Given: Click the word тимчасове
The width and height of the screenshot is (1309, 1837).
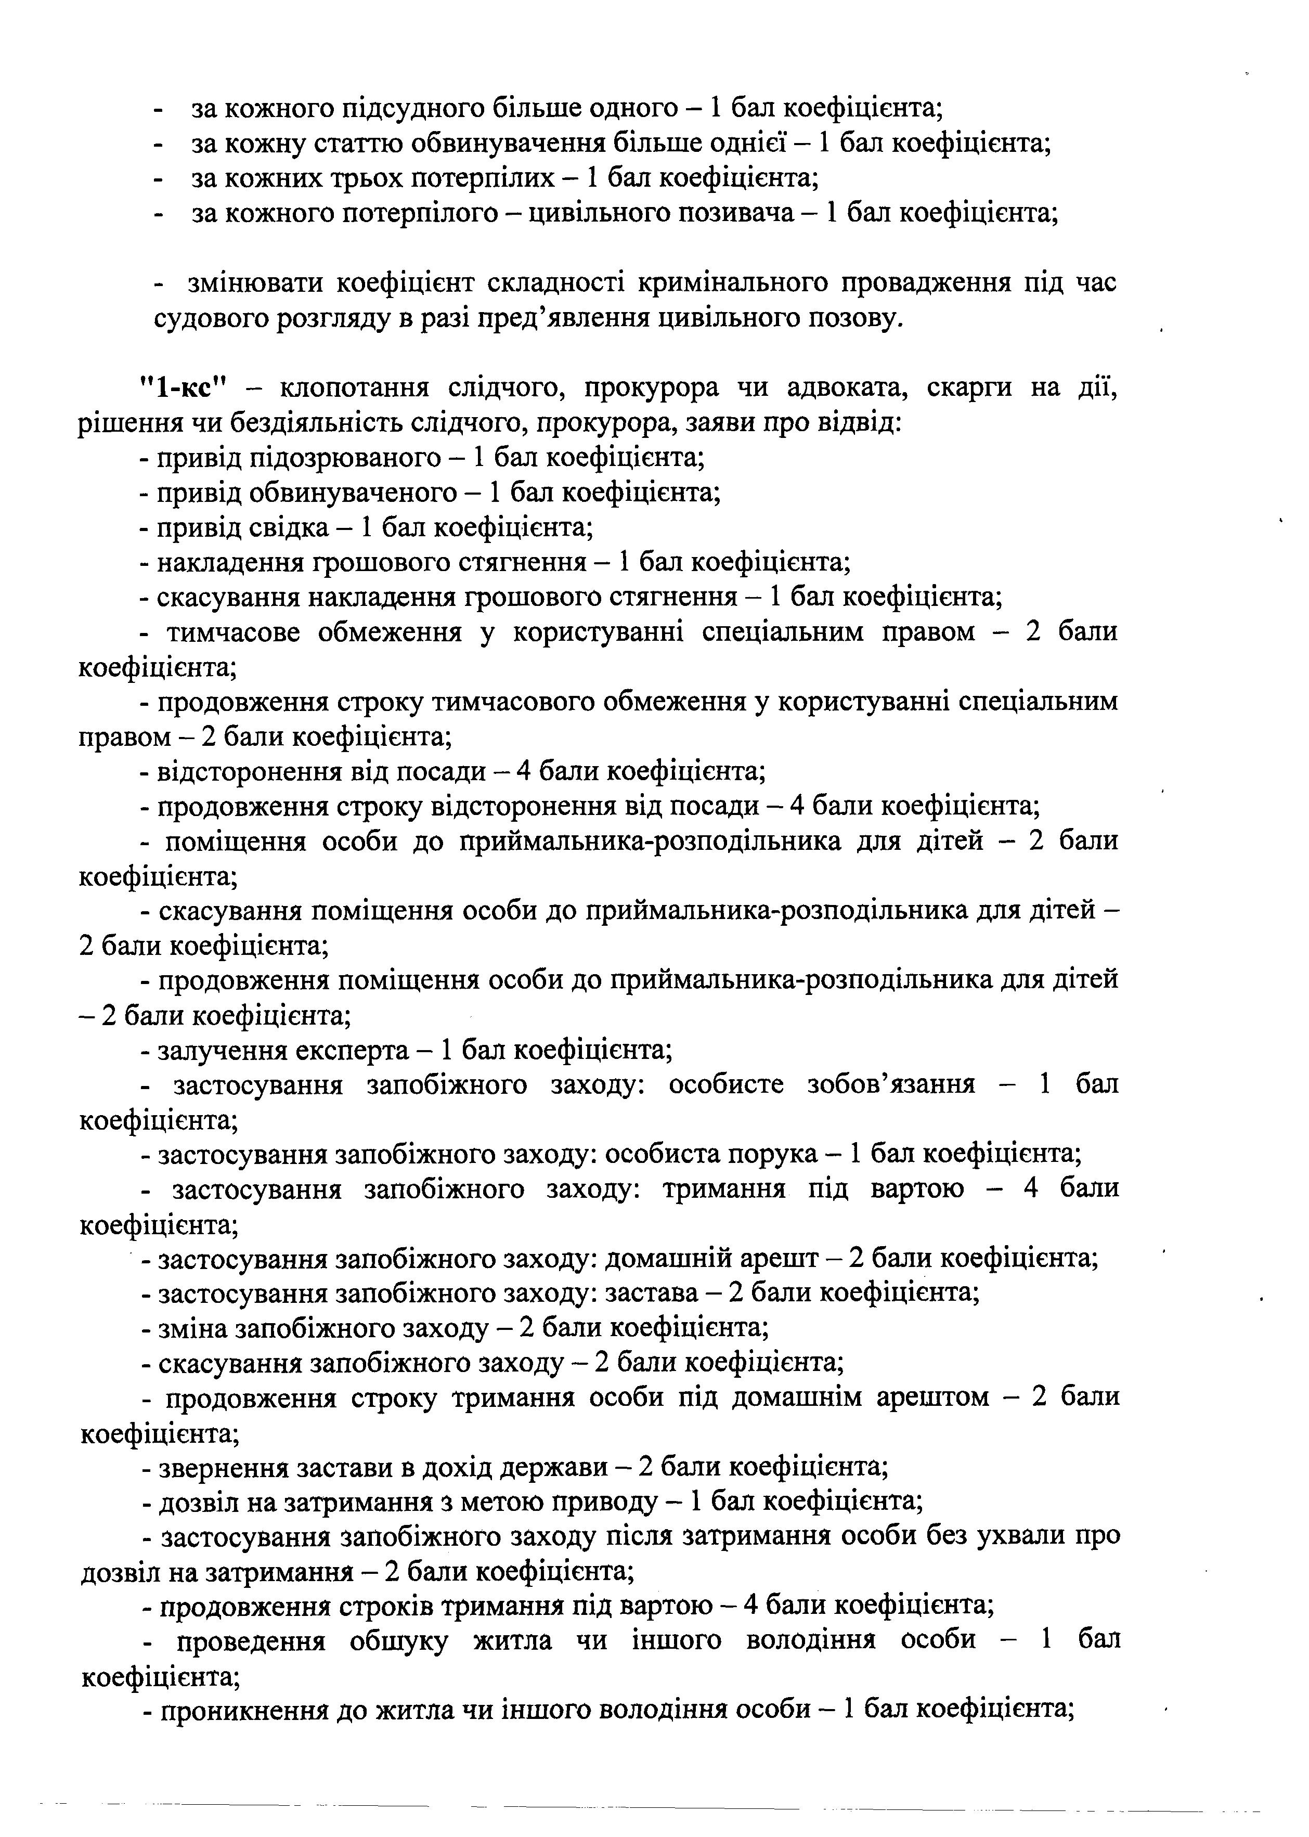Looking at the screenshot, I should click(x=233, y=632).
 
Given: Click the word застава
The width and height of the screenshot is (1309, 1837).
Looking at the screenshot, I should click(x=651, y=1293).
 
